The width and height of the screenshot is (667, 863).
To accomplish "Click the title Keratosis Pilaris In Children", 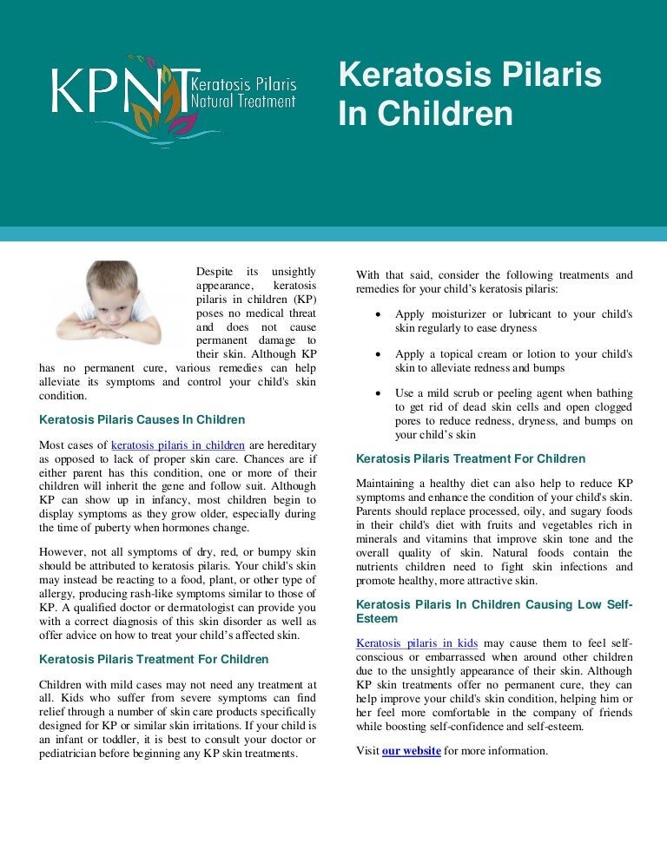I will [469, 95].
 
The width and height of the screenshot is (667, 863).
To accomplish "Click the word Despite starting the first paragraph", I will [215, 273].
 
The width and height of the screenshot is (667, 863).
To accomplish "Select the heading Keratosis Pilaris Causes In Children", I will [142, 420].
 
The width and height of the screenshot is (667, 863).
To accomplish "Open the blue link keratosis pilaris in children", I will [178, 446].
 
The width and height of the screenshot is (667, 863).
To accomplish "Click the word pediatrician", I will [77, 753].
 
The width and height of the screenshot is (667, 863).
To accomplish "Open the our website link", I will [412, 750].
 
